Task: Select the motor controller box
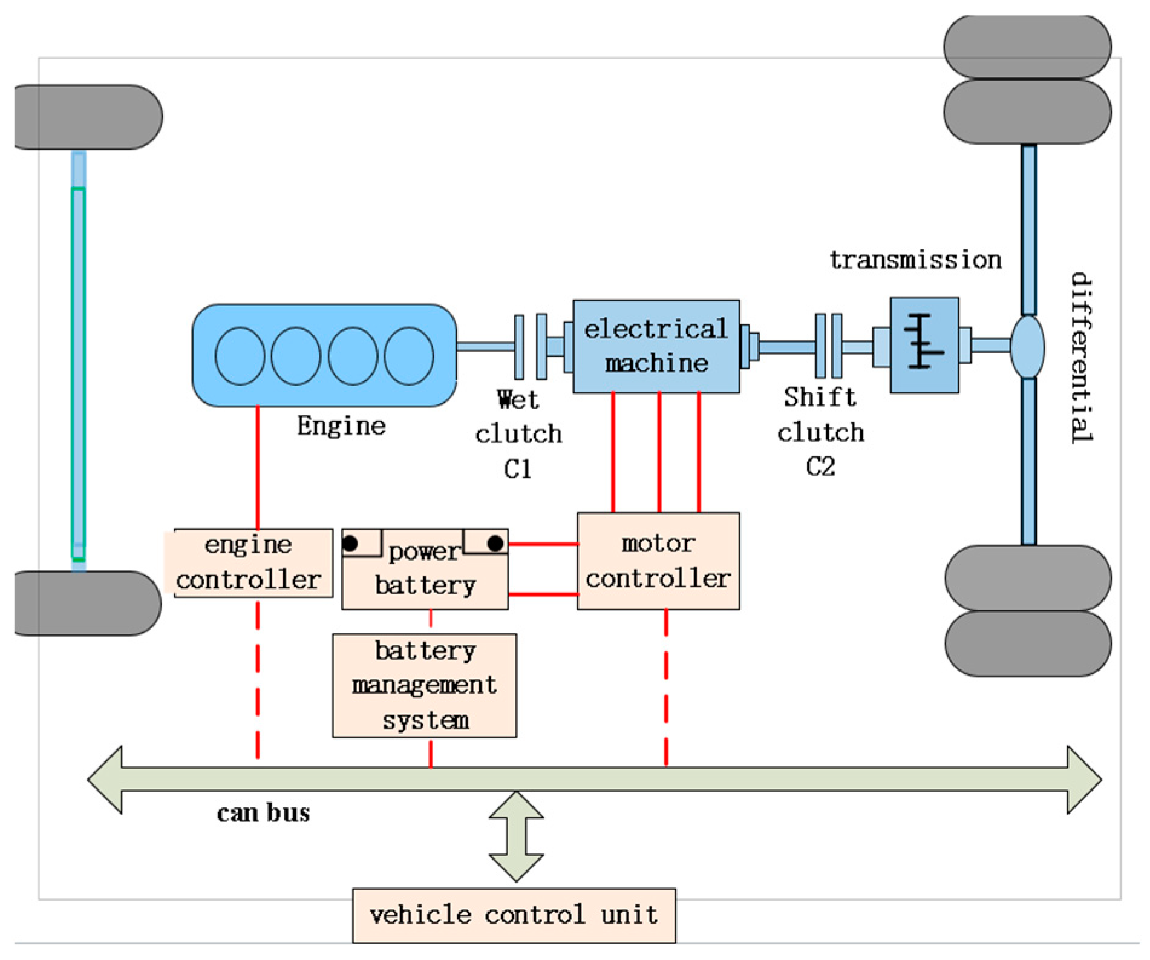point(658,561)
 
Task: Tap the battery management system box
point(424,685)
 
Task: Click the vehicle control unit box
point(514,915)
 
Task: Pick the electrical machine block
point(656,346)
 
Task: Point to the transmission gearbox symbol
point(924,345)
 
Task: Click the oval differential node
point(1028,346)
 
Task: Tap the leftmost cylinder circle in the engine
point(240,356)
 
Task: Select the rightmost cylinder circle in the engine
point(409,356)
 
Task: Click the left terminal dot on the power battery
point(350,543)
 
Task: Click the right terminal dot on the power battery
point(495,543)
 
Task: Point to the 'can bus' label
point(263,812)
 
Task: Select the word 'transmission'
point(915,260)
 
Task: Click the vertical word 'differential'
point(1081,358)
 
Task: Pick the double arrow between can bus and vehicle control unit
point(516,837)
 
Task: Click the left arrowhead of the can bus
point(105,780)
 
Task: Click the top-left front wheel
point(88,117)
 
